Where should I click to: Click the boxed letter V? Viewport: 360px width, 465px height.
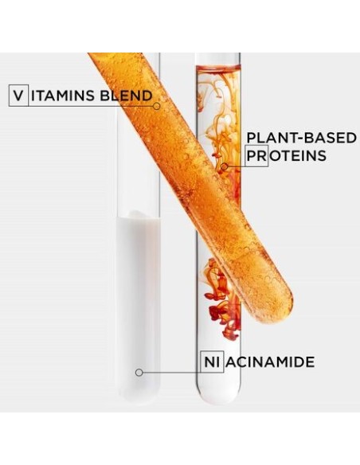tap(18, 96)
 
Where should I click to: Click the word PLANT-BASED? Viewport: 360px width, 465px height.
tap(301, 138)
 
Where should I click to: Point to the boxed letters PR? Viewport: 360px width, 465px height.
tap(256, 156)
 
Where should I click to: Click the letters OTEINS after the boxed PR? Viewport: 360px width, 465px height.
tap(298, 156)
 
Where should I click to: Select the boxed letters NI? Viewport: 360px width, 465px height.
tap(213, 361)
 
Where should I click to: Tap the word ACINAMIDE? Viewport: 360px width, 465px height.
tap(270, 362)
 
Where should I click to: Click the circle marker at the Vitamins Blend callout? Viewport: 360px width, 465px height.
tap(157, 106)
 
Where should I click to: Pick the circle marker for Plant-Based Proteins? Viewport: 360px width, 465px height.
tap(225, 166)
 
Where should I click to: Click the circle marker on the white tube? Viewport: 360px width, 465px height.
tap(139, 373)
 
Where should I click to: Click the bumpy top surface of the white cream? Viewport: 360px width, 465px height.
tap(139, 215)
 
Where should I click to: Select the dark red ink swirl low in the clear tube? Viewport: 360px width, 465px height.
tap(223, 303)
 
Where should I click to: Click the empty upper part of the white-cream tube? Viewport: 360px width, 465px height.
tap(139, 134)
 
